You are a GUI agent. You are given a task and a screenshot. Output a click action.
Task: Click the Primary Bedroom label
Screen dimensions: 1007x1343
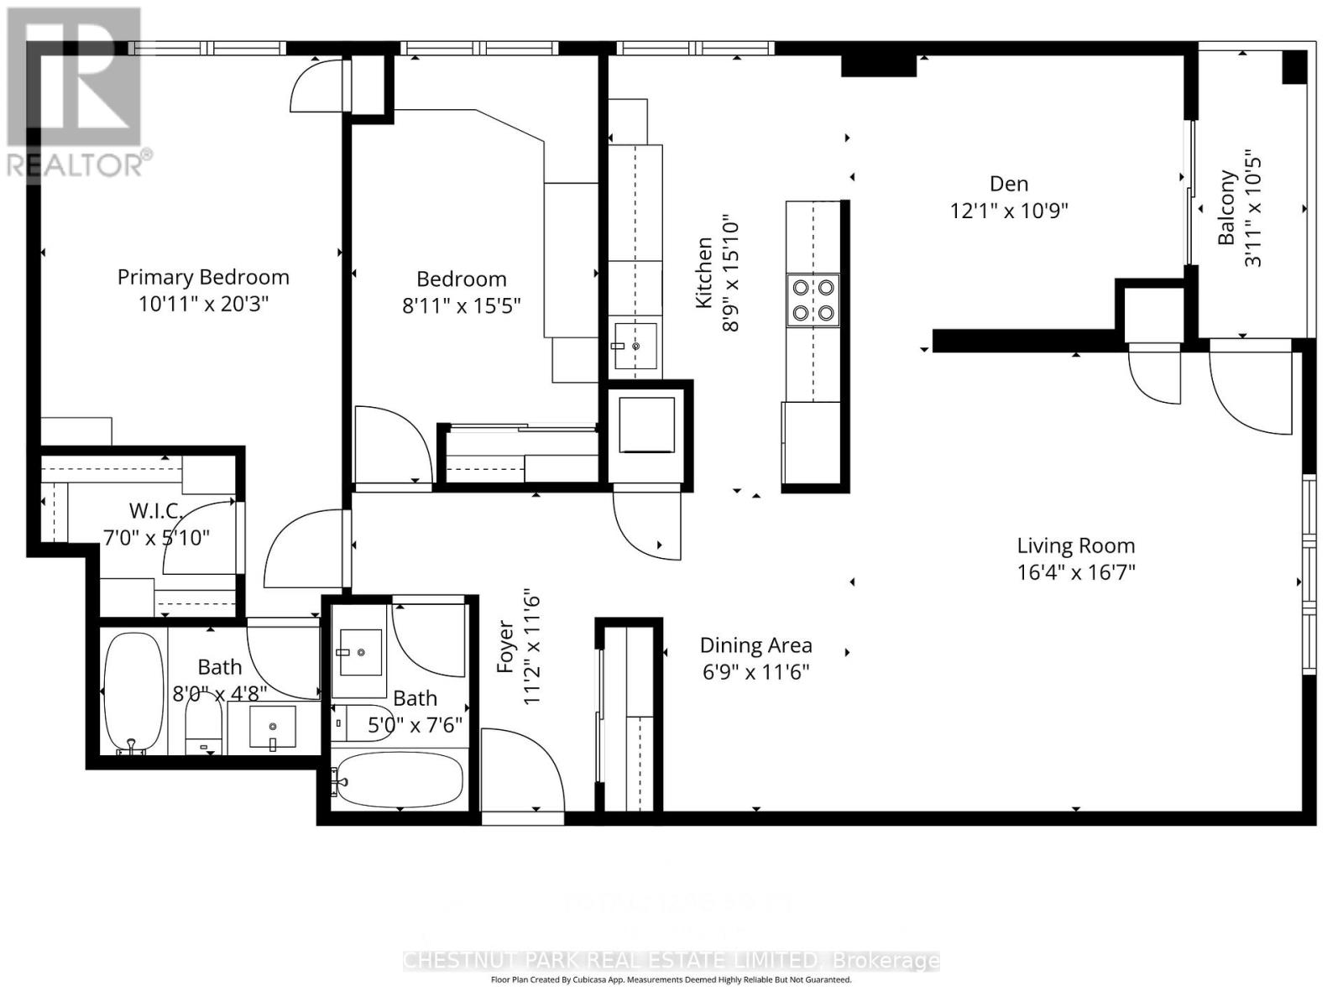[203, 277]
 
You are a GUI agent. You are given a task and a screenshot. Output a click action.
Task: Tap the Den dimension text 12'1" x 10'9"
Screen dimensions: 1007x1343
[1008, 211]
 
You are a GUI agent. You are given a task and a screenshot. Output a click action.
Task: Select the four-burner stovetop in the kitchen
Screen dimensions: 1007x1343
[813, 300]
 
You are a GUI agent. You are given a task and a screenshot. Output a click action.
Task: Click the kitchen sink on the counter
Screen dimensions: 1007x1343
[635, 345]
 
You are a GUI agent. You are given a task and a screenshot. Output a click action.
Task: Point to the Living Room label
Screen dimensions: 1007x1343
[1075, 545]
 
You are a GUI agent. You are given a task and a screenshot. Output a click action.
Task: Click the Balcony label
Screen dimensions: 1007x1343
[1227, 208]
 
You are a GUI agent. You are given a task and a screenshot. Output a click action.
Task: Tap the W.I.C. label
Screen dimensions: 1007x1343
[155, 511]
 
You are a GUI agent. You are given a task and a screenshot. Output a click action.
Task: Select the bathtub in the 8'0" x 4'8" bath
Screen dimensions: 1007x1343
[133, 692]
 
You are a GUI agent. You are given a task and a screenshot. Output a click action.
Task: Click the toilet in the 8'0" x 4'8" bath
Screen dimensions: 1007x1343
[202, 727]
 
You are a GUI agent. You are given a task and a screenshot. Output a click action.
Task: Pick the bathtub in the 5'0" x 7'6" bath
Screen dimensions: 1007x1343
[397, 780]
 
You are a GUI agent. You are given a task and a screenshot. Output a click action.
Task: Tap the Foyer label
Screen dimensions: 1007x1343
[504, 646]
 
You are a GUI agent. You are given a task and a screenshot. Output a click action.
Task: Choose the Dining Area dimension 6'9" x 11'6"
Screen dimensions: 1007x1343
[755, 672]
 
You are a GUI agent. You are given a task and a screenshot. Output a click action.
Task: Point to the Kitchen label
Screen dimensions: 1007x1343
[704, 273]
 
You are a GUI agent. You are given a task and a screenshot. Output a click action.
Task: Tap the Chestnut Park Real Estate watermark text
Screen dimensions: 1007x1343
[671, 960]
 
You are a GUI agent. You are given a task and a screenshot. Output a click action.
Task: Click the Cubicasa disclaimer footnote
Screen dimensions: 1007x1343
[671, 980]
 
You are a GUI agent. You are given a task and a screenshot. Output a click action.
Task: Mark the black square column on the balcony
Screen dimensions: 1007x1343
[1294, 67]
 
